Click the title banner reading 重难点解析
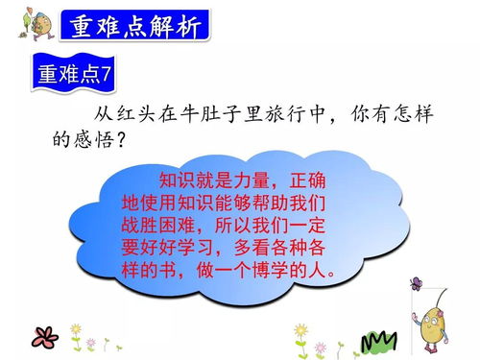(x=134, y=26)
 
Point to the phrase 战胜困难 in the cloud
(x=156, y=225)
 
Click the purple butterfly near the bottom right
(x=416, y=283)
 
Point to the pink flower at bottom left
(x=44, y=337)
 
